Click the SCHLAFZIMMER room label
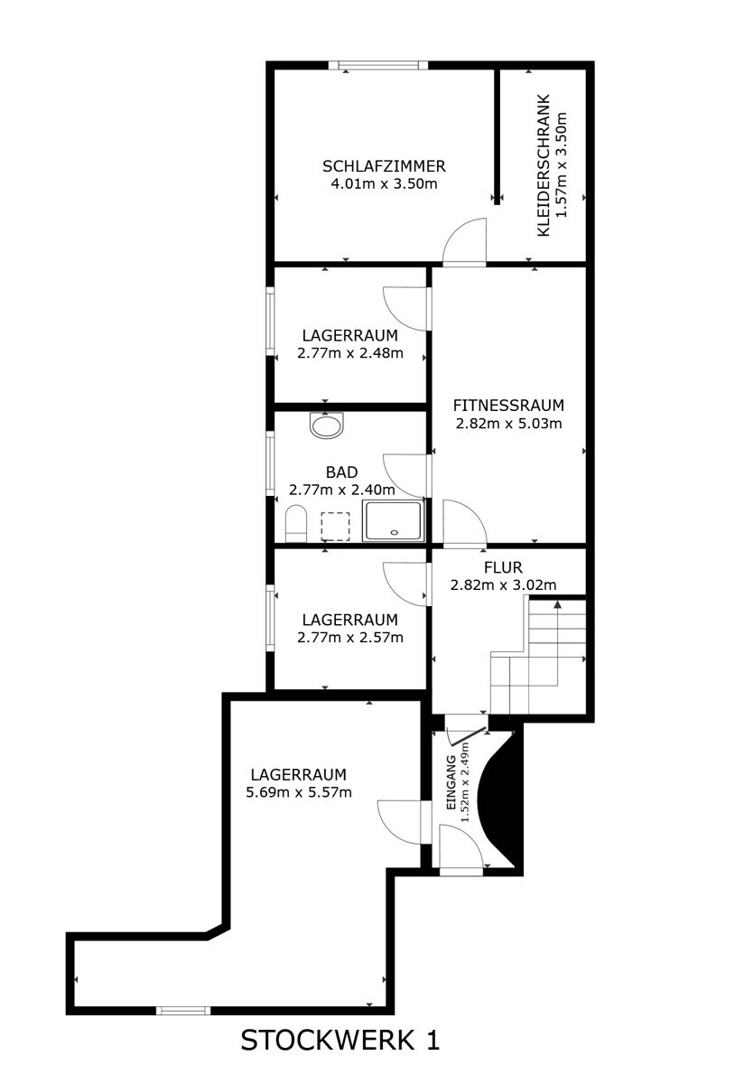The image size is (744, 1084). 384,166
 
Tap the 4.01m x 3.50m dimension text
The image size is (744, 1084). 384,184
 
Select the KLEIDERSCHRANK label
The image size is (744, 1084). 544,165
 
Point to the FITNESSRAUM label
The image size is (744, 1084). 508,405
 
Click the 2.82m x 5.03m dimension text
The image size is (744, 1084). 508,424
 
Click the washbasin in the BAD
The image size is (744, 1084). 327,425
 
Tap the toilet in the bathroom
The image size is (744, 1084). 296,524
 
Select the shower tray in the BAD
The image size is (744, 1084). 394,520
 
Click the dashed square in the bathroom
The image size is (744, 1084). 335,527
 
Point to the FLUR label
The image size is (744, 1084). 503,567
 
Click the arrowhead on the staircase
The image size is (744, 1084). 557,604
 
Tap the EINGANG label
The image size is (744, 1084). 451,782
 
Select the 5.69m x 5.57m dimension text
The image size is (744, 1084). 299,792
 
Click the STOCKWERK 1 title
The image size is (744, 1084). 340,1040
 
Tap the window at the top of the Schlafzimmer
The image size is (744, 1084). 378,65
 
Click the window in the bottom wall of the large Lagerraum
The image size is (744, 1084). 183,1011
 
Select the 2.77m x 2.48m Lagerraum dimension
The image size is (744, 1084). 350,353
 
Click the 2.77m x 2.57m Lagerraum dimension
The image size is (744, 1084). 350,638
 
